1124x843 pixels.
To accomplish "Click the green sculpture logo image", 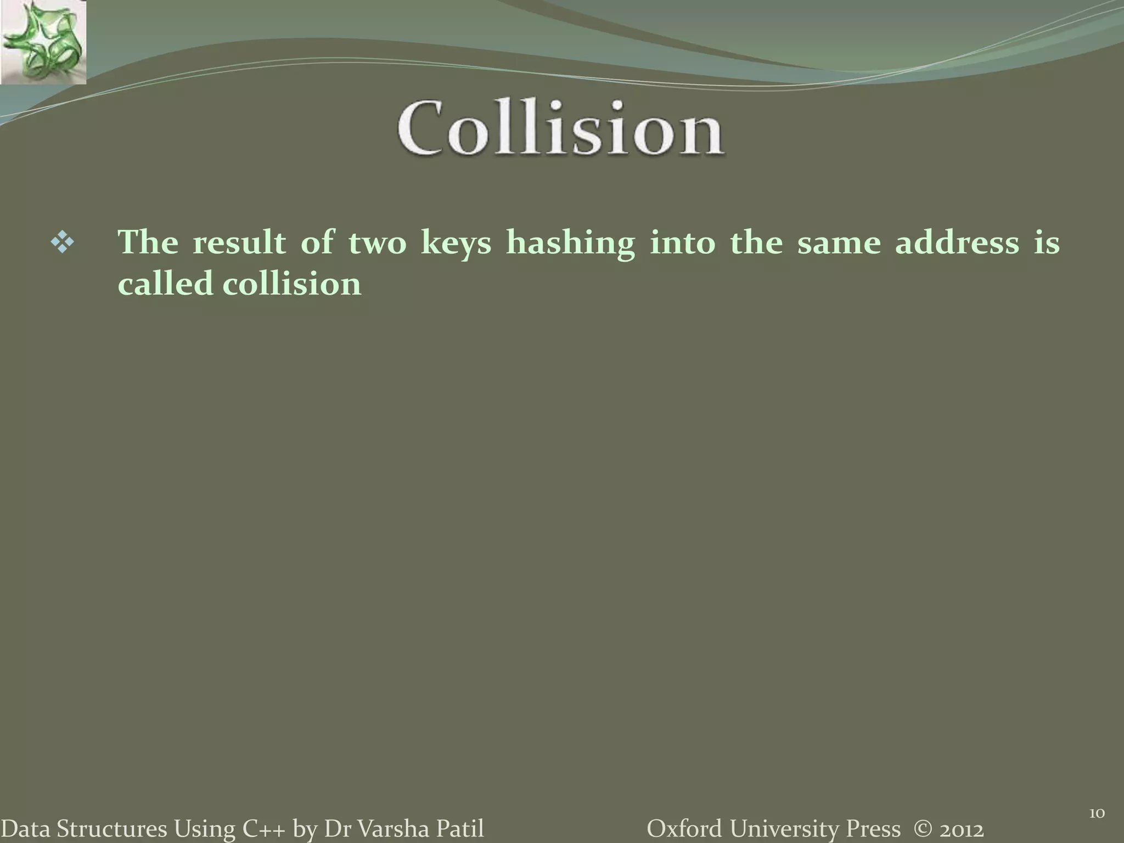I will click(x=43, y=42).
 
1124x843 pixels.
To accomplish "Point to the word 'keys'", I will click(x=456, y=243).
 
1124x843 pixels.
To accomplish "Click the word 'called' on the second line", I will click(x=165, y=284).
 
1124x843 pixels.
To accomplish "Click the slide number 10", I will click(x=1096, y=812).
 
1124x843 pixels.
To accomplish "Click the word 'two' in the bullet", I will click(x=377, y=243).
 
